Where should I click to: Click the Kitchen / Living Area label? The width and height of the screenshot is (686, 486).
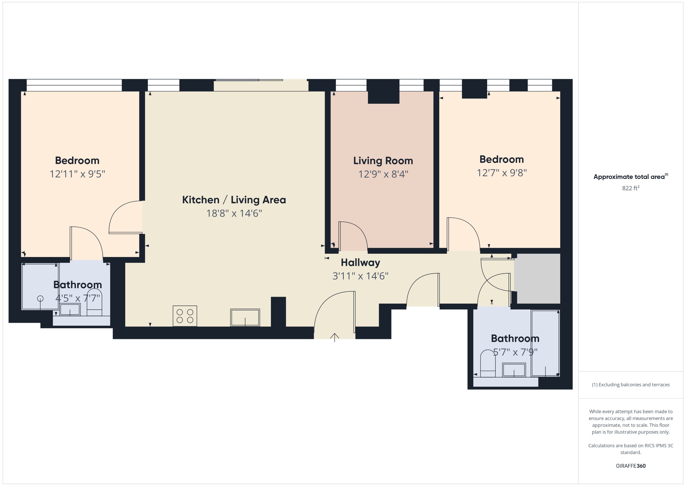[x=234, y=200]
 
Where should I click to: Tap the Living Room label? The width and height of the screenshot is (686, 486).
[x=383, y=161]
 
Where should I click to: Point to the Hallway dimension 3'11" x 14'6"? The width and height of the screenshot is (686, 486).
[x=360, y=276]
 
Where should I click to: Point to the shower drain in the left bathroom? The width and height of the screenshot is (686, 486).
[x=40, y=298]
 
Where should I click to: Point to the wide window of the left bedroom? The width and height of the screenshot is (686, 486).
[x=74, y=85]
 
